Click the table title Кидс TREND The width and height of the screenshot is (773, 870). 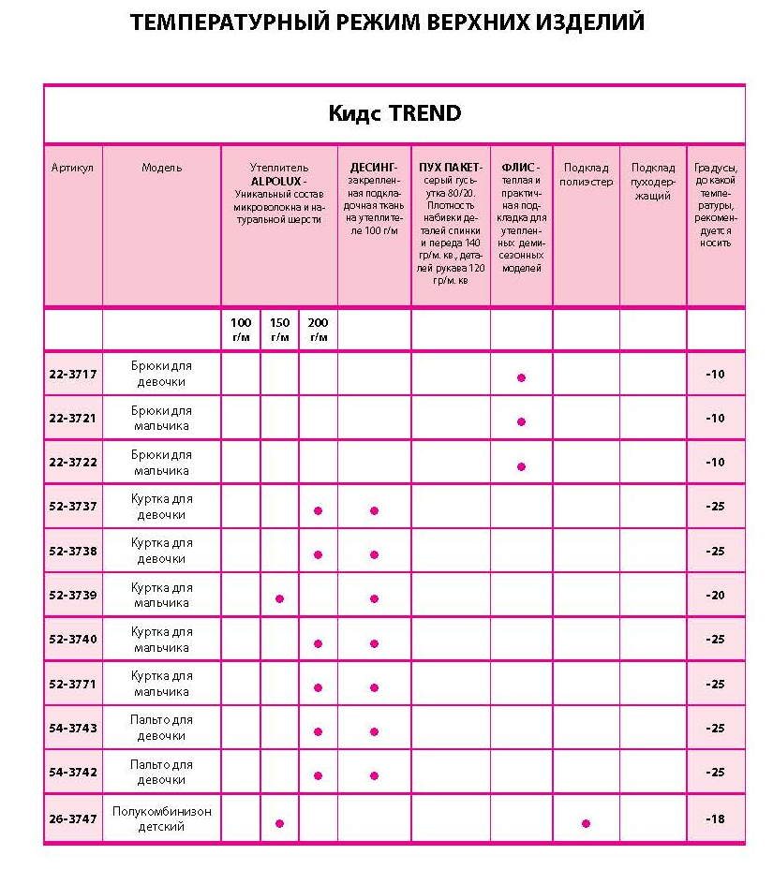coord(394,114)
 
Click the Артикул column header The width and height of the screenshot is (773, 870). coord(72,168)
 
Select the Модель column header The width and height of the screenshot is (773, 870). coord(161,168)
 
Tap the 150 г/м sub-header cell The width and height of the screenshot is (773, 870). coord(279,329)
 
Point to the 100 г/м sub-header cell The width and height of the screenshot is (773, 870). coord(241,329)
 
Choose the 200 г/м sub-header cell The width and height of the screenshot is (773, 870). coord(319,329)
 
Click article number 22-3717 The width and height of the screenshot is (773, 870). coord(73,374)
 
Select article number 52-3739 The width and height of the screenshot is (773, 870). coord(73,595)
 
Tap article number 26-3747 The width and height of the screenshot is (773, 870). coord(73,818)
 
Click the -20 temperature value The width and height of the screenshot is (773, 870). coord(715,595)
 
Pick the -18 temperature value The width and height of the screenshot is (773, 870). coord(715,818)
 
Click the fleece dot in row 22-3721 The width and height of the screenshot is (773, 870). coord(521,421)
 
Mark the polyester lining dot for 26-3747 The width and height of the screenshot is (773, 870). coord(586,823)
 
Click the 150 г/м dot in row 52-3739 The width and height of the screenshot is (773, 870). coord(279,598)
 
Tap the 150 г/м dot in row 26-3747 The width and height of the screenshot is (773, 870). coord(279,823)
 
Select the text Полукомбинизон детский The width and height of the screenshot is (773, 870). coord(161,818)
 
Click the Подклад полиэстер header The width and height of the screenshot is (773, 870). coord(586,174)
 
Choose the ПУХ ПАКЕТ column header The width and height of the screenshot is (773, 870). coord(451,168)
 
